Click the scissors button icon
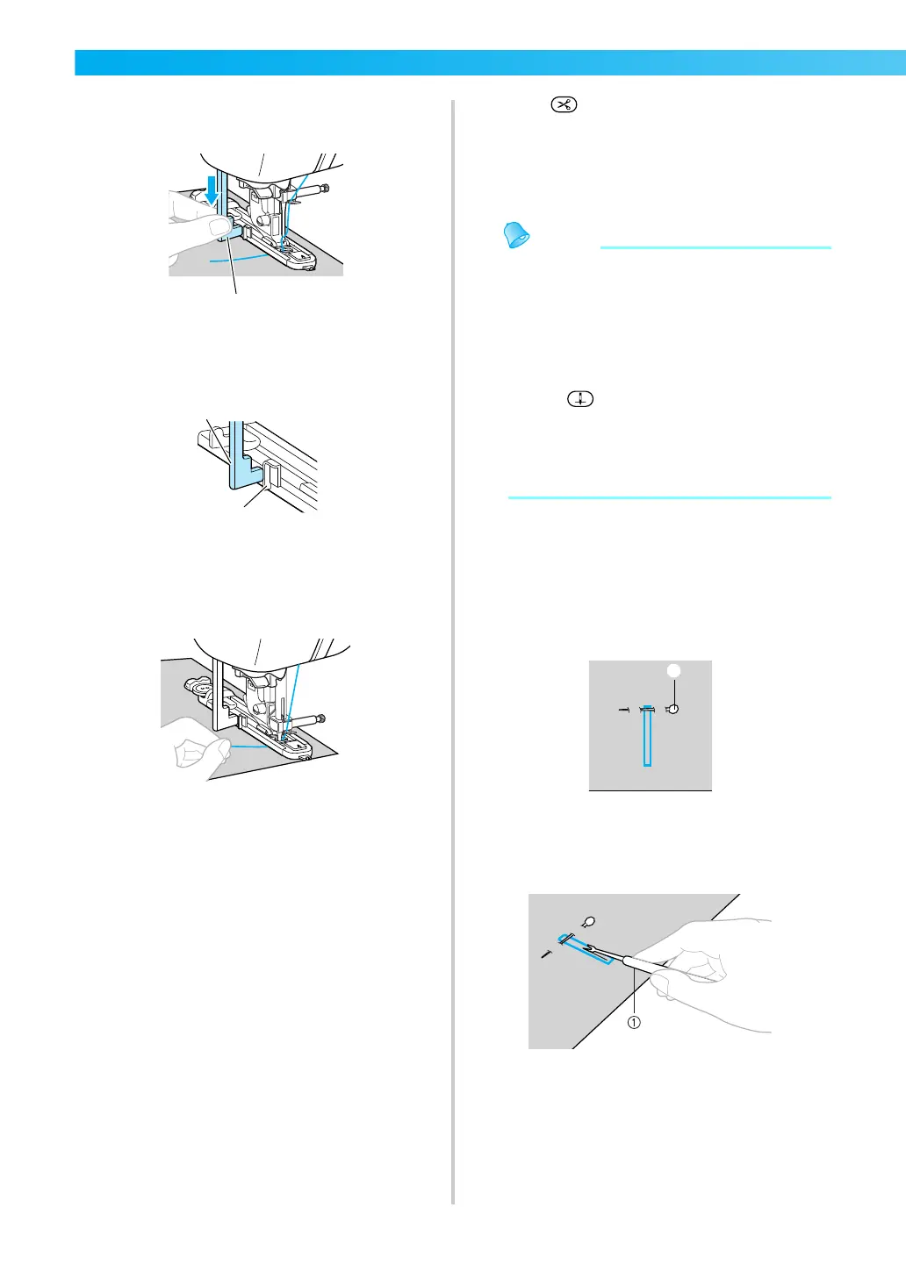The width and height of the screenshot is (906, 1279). coord(564,105)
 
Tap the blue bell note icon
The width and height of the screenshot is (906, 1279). coord(517,235)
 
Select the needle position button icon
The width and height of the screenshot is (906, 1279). coord(580,399)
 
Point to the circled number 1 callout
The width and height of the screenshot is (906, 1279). coord(634,1022)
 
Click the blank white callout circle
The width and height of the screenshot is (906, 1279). coord(674,670)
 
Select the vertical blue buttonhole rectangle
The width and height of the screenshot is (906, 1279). coord(647,738)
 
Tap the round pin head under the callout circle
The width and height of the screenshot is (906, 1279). coord(673,709)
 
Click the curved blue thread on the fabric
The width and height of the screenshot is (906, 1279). coord(237,261)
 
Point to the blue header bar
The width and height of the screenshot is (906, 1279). coord(490,63)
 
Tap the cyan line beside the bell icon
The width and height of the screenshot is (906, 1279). coord(715,248)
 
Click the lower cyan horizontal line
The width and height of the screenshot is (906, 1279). coord(669,497)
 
